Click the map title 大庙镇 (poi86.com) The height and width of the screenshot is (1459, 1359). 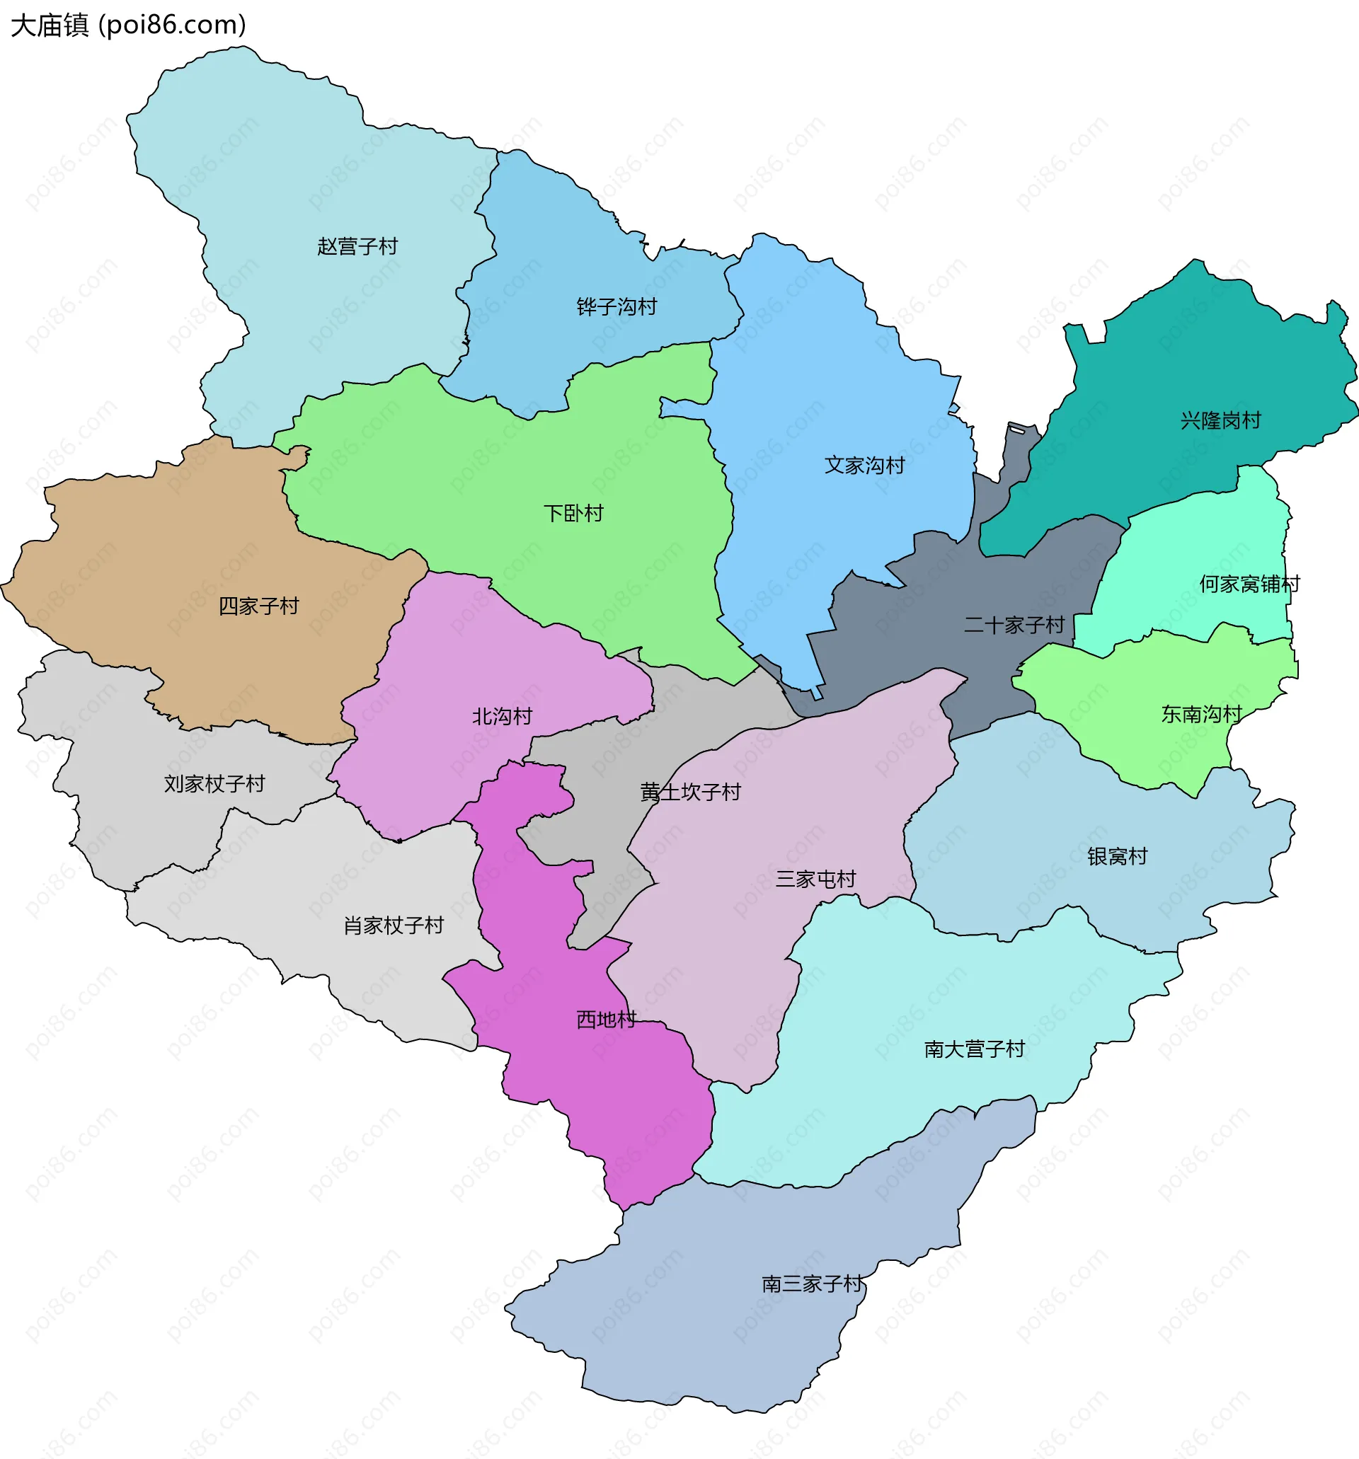pyautogui.click(x=129, y=25)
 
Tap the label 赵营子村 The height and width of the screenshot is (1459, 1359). pyautogui.click(x=357, y=247)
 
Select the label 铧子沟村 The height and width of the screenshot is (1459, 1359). pyautogui.click(x=617, y=307)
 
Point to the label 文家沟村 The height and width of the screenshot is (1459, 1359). pyautogui.click(x=864, y=466)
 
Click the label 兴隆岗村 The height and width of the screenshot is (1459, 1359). pyautogui.click(x=1220, y=420)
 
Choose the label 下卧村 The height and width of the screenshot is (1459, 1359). pyautogui.click(x=573, y=513)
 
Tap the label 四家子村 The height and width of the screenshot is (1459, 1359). pyautogui.click(x=258, y=606)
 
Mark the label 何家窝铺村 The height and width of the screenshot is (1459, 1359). pyautogui.click(x=1249, y=584)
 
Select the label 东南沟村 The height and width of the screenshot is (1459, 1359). pyautogui.click(x=1201, y=714)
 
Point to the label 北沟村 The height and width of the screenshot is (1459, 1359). pyautogui.click(x=502, y=716)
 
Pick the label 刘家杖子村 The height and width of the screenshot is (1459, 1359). pyautogui.click(x=214, y=784)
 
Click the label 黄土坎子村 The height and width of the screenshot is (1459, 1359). pyautogui.click(x=690, y=792)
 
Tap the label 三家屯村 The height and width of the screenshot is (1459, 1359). pyautogui.click(x=815, y=880)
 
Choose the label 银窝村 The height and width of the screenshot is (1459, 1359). pyautogui.click(x=1118, y=856)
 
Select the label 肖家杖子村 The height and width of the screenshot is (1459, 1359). pyautogui.click(x=394, y=925)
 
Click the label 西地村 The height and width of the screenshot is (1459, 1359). pyautogui.click(x=606, y=1020)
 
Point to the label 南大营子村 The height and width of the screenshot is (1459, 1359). pyautogui.click(x=974, y=1049)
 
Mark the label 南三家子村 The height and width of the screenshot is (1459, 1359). pyautogui.click(x=813, y=1284)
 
